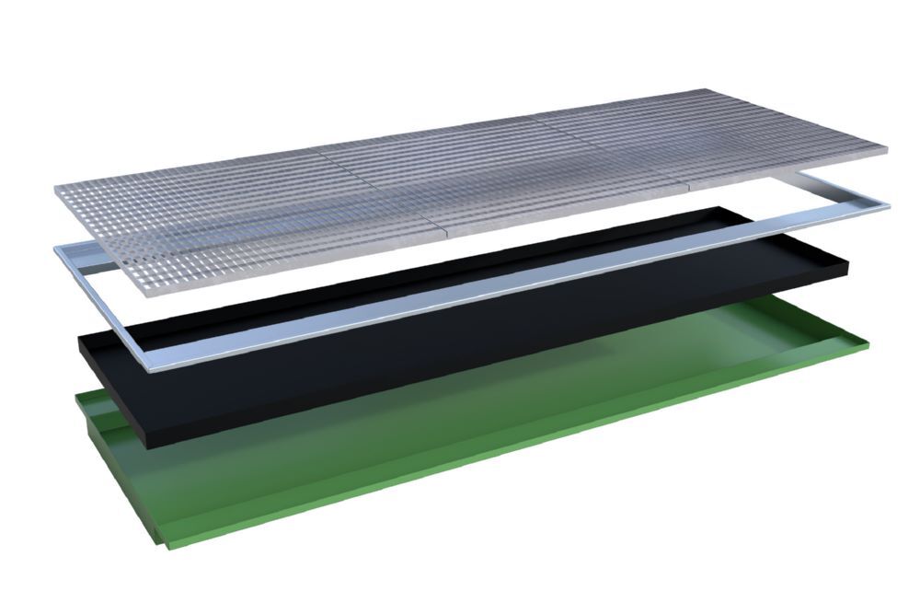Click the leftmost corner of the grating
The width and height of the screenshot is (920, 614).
click(x=55, y=190)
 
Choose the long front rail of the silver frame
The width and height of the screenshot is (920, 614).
click(x=515, y=289)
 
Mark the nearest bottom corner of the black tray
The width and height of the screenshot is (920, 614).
click(x=148, y=447)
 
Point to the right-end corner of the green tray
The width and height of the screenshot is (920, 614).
click(x=868, y=344)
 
